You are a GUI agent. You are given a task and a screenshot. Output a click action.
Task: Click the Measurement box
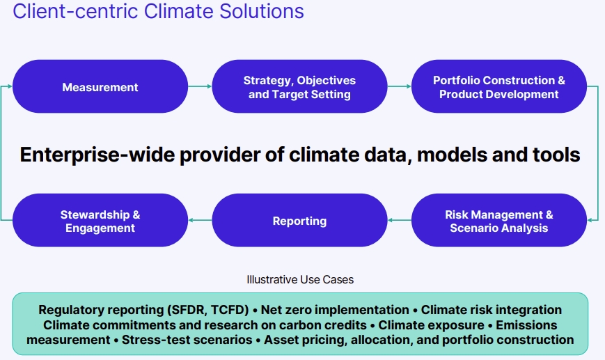click(100, 86)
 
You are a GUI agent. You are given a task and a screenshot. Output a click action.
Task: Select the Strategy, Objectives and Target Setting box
click(299, 86)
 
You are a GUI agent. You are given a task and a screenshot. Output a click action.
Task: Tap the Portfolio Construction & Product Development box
click(499, 86)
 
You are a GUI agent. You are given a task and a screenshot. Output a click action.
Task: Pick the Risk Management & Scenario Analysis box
click(499, 220)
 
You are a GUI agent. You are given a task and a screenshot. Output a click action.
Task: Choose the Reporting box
click(299, 220)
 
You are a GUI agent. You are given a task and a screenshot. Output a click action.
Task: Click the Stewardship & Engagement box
click(100, 220)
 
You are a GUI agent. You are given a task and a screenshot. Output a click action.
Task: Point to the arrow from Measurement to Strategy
click(200, 86)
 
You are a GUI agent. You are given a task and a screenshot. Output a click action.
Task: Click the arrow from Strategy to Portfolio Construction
click(400, 86)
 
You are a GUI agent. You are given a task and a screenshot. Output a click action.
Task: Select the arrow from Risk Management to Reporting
click(400, 220)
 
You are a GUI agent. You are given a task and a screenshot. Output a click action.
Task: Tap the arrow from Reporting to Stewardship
click(200, 220)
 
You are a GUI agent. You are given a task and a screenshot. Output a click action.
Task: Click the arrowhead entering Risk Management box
click(589, 220)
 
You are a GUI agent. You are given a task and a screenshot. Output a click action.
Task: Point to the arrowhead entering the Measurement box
click(10, 86)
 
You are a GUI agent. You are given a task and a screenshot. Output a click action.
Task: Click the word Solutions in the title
click(262, 11)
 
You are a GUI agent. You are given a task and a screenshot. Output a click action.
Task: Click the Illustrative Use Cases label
click(300, 279)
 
